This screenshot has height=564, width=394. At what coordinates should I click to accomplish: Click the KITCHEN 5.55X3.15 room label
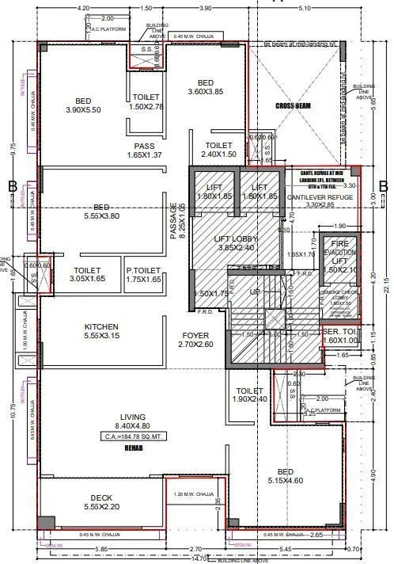pos(102,332)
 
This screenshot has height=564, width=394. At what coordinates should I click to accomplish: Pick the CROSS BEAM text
pos(296,105)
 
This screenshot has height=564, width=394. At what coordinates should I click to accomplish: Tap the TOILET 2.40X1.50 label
pos(218,151)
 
